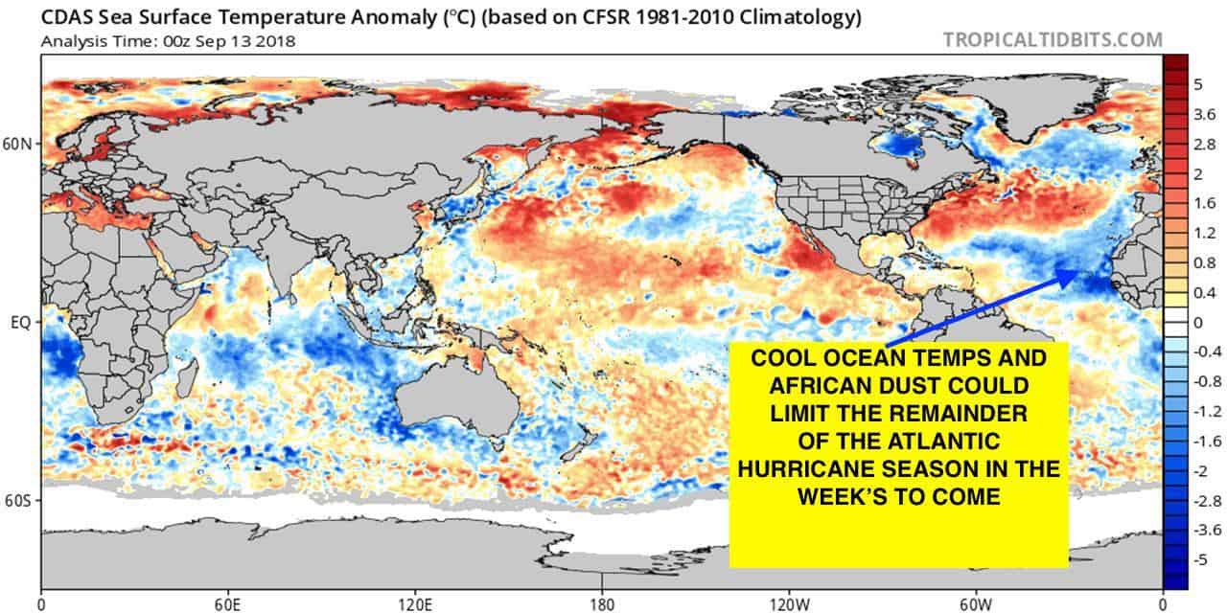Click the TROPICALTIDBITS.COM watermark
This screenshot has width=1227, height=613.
[1053, 40]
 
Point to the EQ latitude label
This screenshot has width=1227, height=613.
[21, 323]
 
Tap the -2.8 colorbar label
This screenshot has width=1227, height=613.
[1198, 500]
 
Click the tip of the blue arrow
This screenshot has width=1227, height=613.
[1076, 271]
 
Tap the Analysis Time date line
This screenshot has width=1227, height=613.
[168, 41]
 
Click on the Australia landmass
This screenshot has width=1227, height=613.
[451, 402]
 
